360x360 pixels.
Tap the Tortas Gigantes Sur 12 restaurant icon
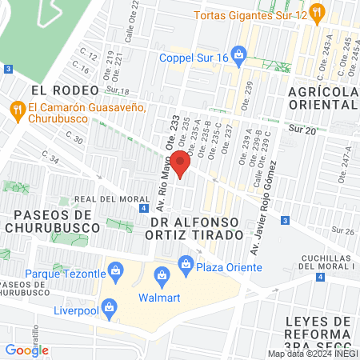[x=318, y=11]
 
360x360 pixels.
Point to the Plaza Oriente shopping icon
[x=186, y=262]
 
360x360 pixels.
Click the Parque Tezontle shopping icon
[x=117, y=272]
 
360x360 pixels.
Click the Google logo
[x=27, y=350]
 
